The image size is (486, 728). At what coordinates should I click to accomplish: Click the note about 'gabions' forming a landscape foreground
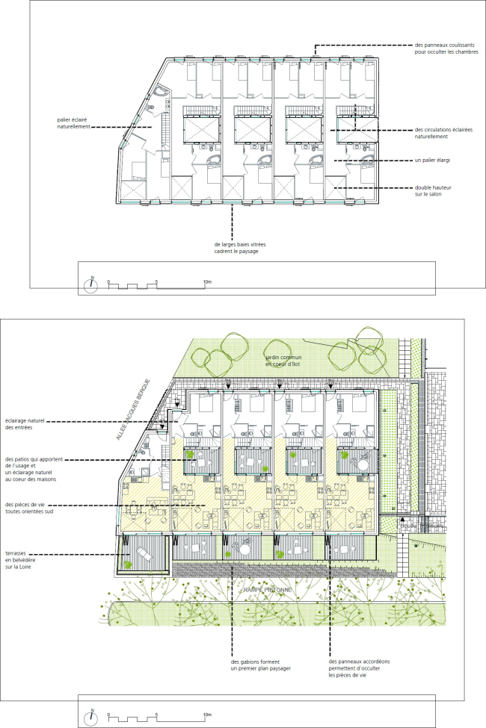pyautogui.click(x=260, y=665)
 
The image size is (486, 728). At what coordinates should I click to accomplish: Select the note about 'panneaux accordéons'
pyautogui.click(x=360, y=668)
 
